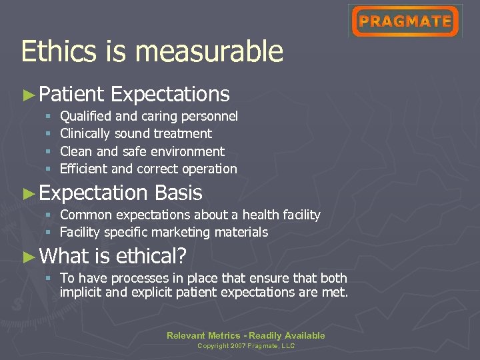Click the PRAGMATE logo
405,21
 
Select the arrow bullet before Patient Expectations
28,95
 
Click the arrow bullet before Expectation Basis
28,193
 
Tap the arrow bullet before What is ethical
28,256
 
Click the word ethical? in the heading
151,256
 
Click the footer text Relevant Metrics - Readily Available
246,335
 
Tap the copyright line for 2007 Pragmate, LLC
246,346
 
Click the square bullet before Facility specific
48,233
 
